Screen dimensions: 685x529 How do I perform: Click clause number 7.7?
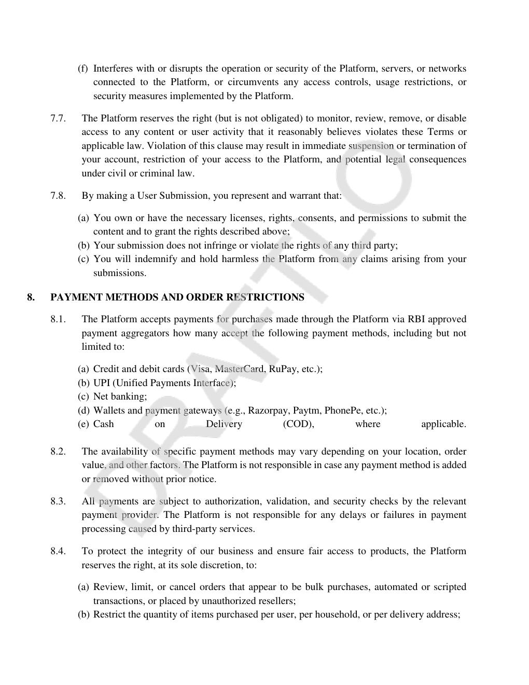[58, 118]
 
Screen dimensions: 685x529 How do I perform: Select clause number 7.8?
[58, 196]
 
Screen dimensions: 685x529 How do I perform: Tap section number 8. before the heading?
[31, 297]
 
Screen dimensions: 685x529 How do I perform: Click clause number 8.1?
[58, 319]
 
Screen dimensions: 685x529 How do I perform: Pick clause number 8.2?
[58, 451]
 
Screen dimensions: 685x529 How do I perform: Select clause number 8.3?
[58, 501]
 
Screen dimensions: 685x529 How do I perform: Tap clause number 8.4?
[58, 551]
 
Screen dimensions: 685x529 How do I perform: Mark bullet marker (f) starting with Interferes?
[83, 68]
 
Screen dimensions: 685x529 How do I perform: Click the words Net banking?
[120, 396]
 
